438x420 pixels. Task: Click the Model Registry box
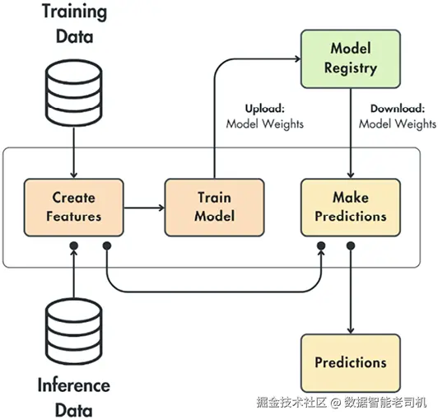(351, 59)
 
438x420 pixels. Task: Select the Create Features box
(74, 208)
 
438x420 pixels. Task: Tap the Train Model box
(214, 208)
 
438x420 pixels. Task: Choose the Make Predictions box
(351, 208)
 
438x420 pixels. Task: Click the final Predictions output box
(351, 363)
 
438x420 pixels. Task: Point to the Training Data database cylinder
(74, 93)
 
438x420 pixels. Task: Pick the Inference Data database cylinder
(74, 331)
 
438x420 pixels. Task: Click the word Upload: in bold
(264, 109)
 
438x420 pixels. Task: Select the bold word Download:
(397, 109)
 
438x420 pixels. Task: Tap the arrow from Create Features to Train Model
(144, 208)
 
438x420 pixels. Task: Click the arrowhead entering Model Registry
(298, 59)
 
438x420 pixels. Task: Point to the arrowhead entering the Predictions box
(351, 331)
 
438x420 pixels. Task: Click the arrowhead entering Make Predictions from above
(351, 175)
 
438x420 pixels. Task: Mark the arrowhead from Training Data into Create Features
(74, 175)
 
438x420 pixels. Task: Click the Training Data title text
(75, 24)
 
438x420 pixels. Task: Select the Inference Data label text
(74, 398)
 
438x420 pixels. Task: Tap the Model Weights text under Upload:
(264, 124)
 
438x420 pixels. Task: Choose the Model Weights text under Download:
(397, 124)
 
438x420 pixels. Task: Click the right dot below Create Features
(107, 246)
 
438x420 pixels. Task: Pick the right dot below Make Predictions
(351, 246)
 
